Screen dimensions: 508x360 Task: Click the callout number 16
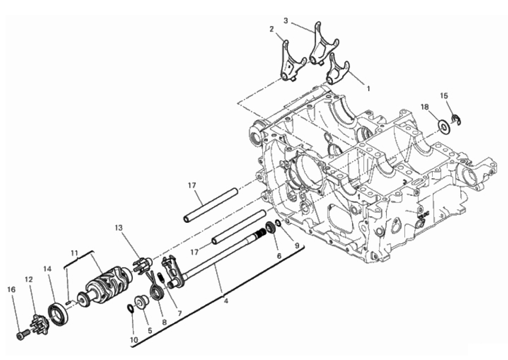coord(11,289)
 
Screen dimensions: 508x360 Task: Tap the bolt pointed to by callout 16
coord(22,335)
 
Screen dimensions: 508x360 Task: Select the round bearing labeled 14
coord(59,314)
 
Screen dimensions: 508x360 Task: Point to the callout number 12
coord(29,279)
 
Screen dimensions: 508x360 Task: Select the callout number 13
coord(119,228)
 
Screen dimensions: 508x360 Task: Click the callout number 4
coord(226,301)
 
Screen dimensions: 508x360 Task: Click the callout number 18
coord(425,106)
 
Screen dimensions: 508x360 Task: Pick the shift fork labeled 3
coord(322,45)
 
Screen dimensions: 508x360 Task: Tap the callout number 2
coord(271,29)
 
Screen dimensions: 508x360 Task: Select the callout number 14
coord(47,269)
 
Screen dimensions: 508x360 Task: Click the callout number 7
coord(179,314)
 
